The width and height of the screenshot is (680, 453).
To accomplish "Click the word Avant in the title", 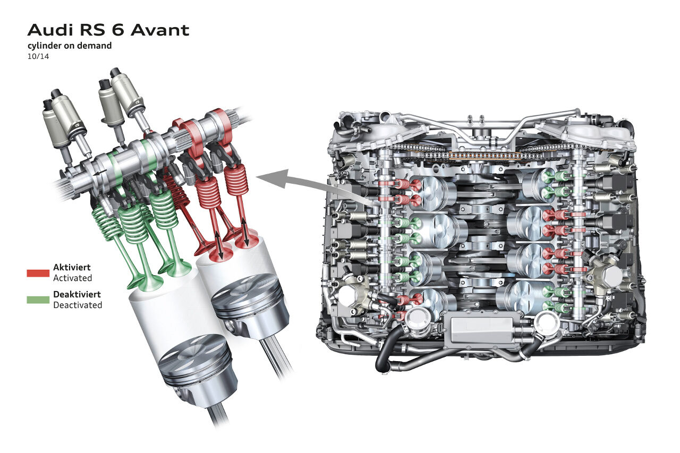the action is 160,30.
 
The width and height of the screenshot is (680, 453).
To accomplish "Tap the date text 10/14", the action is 38,56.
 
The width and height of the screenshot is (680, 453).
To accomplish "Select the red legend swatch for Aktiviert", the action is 38,273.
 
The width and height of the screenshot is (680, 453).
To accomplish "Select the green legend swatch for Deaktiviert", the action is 38,300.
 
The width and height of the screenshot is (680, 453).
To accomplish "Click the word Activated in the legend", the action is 73,278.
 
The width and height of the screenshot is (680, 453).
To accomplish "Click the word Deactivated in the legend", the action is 78,305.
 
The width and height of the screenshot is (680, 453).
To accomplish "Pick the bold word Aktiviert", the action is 72,267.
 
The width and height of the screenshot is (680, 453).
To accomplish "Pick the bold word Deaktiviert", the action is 77,294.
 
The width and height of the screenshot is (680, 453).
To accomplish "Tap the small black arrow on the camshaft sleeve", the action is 98,174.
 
